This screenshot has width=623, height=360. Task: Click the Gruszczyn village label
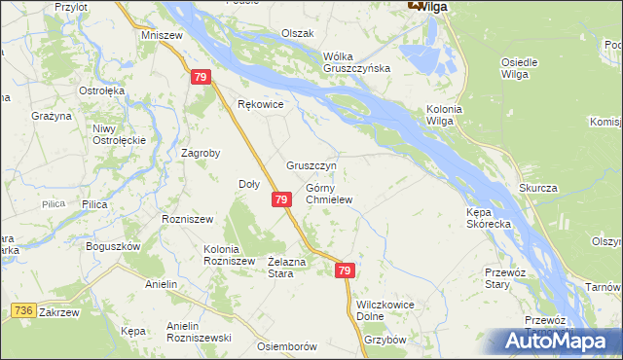311,166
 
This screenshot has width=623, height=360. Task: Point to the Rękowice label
260,104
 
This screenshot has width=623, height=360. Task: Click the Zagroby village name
202,153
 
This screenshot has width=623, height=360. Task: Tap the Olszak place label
298,33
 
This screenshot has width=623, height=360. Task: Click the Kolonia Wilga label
445,115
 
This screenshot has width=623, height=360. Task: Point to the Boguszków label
114,246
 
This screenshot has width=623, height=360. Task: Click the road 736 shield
24,309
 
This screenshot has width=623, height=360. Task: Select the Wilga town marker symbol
417,5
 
